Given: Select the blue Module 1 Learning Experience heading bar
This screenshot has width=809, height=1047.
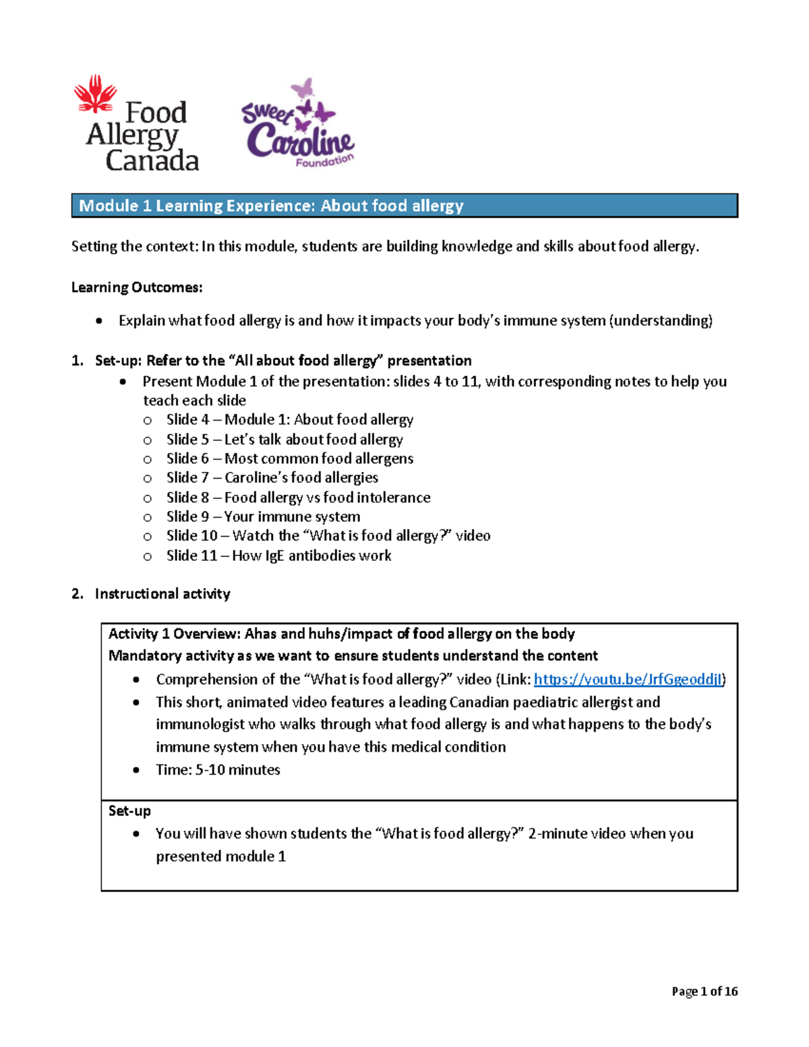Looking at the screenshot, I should pos(404,206).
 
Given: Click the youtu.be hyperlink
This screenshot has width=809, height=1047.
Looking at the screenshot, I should pos(628,679).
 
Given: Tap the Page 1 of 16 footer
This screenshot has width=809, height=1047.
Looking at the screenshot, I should pos(705,991).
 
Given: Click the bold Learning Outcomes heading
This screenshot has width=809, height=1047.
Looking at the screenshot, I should pos(137,287).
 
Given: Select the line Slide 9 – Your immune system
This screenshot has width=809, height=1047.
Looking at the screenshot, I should pos(263,516).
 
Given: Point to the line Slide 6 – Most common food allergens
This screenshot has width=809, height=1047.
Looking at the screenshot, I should pos(290,458).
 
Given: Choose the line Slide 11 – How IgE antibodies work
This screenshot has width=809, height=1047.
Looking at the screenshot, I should pos(278,556).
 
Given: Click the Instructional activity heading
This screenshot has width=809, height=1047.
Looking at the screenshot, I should pos(162,594).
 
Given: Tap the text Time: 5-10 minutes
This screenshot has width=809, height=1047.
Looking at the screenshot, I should pos(218,770).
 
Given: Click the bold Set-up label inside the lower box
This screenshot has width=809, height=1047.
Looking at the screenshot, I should pos(129,811).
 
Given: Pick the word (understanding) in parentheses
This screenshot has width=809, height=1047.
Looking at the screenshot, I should pos(661,320).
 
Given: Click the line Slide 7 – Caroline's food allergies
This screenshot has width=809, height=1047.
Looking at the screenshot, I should pos(272,478).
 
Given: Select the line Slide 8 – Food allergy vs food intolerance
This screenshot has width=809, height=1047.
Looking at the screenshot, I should pos(298,498).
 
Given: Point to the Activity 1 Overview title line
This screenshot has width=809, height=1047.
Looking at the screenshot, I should pos(341,634).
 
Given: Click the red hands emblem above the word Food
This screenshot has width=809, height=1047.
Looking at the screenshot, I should pos(96,93).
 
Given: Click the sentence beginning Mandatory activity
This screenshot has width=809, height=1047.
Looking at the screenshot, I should pos(353,656).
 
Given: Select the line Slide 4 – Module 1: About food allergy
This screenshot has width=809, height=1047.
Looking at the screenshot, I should pos(290,419).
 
